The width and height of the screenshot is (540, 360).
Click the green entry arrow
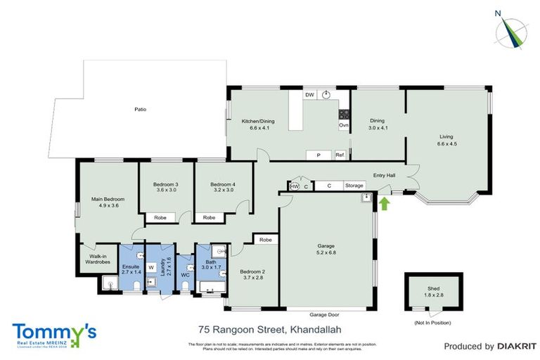[x=383, y=204]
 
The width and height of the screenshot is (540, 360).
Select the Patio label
[x=141, y=110]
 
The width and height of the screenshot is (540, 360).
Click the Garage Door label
[x=327, y=314]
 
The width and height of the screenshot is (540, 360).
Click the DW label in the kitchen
[x=309, y=94]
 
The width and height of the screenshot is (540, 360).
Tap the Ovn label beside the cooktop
[x=344, y=125]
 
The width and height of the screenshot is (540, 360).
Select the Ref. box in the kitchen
[x=340, y=155]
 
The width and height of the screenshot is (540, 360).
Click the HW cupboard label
[x=294, y=186]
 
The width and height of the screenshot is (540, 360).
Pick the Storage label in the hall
[x=354, y=186]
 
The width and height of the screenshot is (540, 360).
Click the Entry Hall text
[x=384, y=175]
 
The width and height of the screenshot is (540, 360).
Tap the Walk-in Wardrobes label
[x=94, y=259]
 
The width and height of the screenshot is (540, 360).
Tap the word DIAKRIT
[x=517, y=346]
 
